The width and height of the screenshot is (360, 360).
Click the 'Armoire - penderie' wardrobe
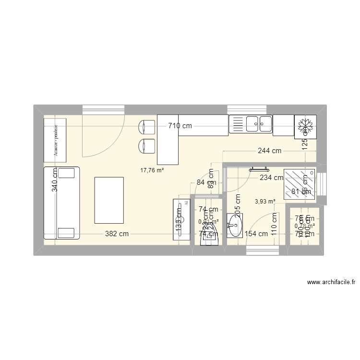point(55,140)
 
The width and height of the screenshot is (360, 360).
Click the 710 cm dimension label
point(180,126)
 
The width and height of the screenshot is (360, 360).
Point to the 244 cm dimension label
point(270,151)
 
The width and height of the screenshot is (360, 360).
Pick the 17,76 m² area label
point(152,169)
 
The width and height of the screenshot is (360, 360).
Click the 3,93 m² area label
point(265,202)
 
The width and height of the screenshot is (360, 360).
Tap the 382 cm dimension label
point(117,234)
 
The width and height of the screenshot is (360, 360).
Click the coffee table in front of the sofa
point(109,200)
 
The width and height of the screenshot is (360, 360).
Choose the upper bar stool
point(146,127)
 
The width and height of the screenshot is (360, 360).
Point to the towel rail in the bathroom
point(260,168)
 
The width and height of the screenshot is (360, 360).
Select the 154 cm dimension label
point(256,234)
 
